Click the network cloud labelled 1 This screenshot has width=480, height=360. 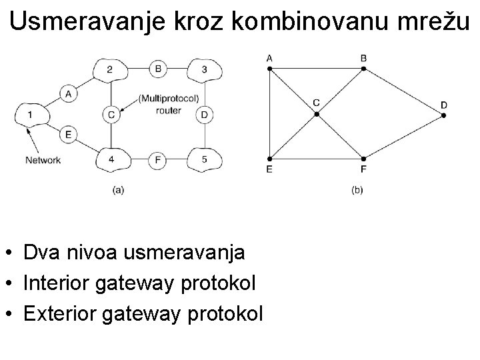point(30,115)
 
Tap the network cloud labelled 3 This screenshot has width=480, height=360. point(203,69)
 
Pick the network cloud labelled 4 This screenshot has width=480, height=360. point(111,159)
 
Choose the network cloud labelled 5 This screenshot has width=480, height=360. point(203,159)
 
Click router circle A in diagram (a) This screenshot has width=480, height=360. point(69,94)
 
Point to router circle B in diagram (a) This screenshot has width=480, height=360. point(157,68)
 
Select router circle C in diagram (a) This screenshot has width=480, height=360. point(111,115)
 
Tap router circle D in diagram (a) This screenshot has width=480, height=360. point(203,115)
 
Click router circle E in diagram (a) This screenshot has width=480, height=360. point(69,135)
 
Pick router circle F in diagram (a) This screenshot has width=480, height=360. point(157,159)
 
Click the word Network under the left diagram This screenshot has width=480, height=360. point(43,160)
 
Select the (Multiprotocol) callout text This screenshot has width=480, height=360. point(169,99)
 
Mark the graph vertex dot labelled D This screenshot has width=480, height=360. point(443,115)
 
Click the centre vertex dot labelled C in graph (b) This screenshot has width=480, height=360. point(317,114)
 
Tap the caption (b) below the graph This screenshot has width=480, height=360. point(357,190)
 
